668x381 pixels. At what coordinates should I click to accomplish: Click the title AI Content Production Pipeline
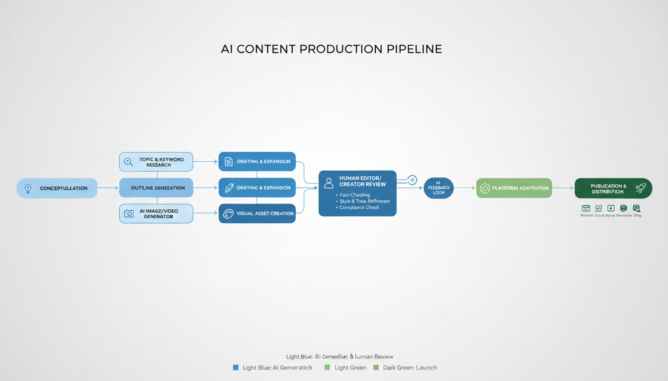[x=331, y=49]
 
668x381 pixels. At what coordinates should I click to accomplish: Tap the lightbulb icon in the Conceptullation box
[x=28, y=189]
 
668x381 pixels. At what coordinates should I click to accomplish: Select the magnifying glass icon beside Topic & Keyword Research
[x=129, y=162]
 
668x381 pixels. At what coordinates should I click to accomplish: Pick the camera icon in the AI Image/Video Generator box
[x=129, y=213]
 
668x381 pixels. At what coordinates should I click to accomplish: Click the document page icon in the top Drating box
[x=229, y=162]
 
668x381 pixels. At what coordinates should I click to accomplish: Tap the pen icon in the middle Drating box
[x=229, y=188]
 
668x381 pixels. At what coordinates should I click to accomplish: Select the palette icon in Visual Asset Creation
[x=229, y=214]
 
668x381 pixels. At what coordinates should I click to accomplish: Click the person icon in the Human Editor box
[x=329, y=183]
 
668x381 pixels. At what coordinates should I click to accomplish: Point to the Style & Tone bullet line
[x=364, y=201]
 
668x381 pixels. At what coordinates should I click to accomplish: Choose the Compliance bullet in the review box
[x=359, y=207]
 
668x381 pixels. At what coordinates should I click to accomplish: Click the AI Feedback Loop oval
[x=438, y=188]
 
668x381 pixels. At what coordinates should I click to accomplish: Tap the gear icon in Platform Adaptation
[x=485, y=189]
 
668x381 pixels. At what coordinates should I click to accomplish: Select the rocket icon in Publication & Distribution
[x=640, y=188]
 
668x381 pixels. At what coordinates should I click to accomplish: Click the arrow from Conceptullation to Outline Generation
[x=108, y=188]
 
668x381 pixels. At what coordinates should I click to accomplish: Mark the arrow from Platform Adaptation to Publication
[x=563, y=188]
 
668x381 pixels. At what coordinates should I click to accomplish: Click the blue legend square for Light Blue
[x=236, y=368]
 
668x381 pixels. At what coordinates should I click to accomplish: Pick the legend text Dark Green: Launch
[x=409, y=368]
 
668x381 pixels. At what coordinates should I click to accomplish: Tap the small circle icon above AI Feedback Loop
[x=412, y=180]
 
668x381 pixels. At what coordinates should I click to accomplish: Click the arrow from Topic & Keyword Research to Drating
[x=205, y=162]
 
